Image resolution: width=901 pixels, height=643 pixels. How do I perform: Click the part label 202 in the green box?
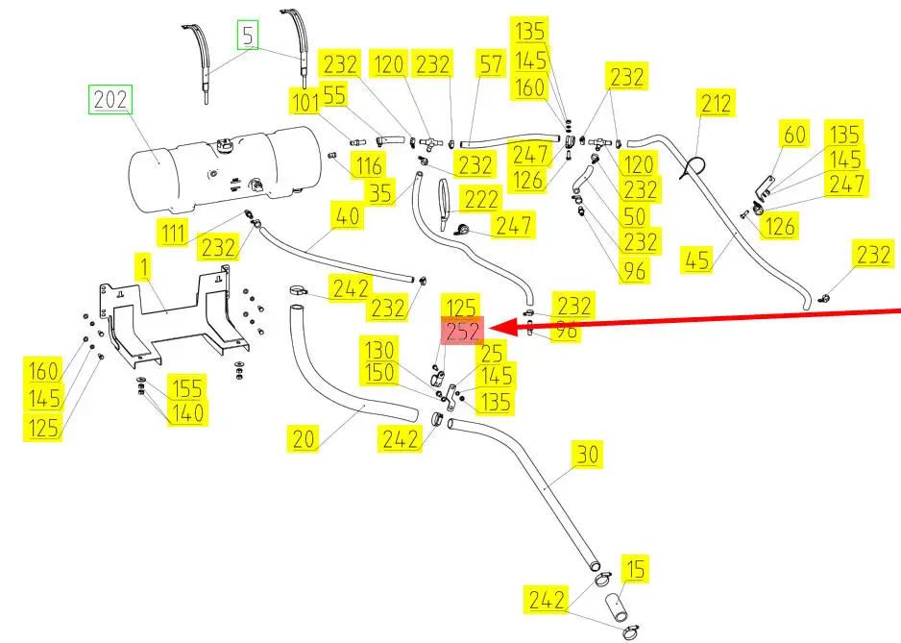click(x=110, y=100)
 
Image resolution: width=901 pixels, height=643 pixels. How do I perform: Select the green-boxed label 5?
click(x=249, y=37)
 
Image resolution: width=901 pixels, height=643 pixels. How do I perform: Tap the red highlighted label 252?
click(x=463, y=333)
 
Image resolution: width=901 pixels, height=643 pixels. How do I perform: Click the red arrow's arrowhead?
click(x=507, y=328)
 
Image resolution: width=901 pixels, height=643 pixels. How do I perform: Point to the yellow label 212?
click(x=717, y=104)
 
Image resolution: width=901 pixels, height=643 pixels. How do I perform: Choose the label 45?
click(x=699, y=260)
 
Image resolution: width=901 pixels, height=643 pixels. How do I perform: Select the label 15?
click(x=634, y=570)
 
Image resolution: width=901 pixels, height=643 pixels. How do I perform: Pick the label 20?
click(x=304, y=439)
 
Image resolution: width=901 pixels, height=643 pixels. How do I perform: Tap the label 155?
click(x=186, y=388)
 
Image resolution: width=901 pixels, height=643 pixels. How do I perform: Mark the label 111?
click(x=174, y=232)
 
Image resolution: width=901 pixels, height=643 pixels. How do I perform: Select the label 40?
click(x=349, y=217)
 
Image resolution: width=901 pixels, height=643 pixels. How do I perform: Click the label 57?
click(x=491, y=65)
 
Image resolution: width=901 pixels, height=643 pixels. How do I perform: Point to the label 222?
click(x=478, y=199)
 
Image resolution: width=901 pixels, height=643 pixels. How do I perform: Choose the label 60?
click(x=794, y=135)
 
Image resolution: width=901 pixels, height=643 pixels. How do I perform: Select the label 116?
click(x=368, y=164)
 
